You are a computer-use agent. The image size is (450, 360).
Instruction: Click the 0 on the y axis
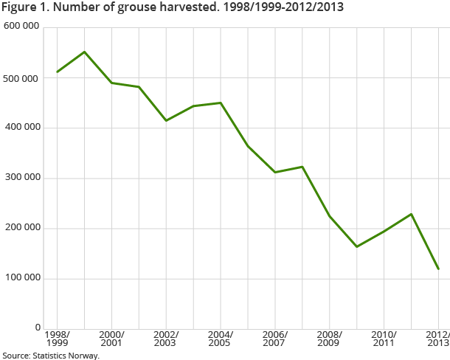coord(36,328)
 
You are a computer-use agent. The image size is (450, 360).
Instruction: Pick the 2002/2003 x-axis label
coord(166,339)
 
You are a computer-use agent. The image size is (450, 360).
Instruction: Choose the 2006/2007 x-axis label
coord(275,339)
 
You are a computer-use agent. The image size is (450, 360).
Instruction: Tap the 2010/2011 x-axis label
coord(384,339)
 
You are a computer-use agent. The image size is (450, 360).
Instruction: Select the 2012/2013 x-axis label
coord(438,339)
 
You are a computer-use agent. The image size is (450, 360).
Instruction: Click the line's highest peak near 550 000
coord(84,52)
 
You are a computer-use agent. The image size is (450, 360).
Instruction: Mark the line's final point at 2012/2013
coord(438,269)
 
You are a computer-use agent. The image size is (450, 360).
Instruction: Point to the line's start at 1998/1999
coord(57,72)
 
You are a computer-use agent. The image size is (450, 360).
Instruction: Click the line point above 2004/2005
coord(221,103)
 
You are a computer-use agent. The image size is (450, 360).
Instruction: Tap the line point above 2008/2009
coord(330,216)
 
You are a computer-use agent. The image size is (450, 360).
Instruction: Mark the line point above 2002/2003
coord(166,120)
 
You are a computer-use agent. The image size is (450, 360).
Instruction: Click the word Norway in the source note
coord(83,355)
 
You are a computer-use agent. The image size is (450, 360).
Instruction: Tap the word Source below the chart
coord(15,355)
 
